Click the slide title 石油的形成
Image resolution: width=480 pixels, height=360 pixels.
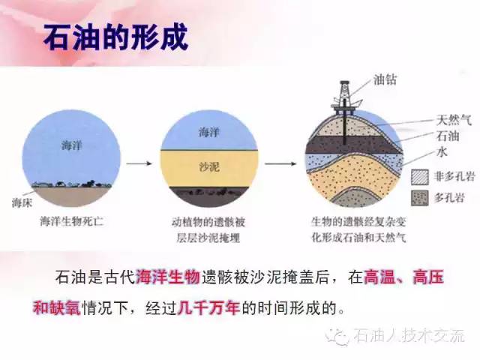pyautogui.click(x=115, y=37)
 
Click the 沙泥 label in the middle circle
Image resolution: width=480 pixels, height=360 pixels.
pyautogui.click(x=209, y=166)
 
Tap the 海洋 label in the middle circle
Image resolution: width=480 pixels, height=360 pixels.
pyautogui.click(x=208, y=133)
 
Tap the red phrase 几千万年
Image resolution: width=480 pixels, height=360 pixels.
pyautogui.click(x=208, y=307)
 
